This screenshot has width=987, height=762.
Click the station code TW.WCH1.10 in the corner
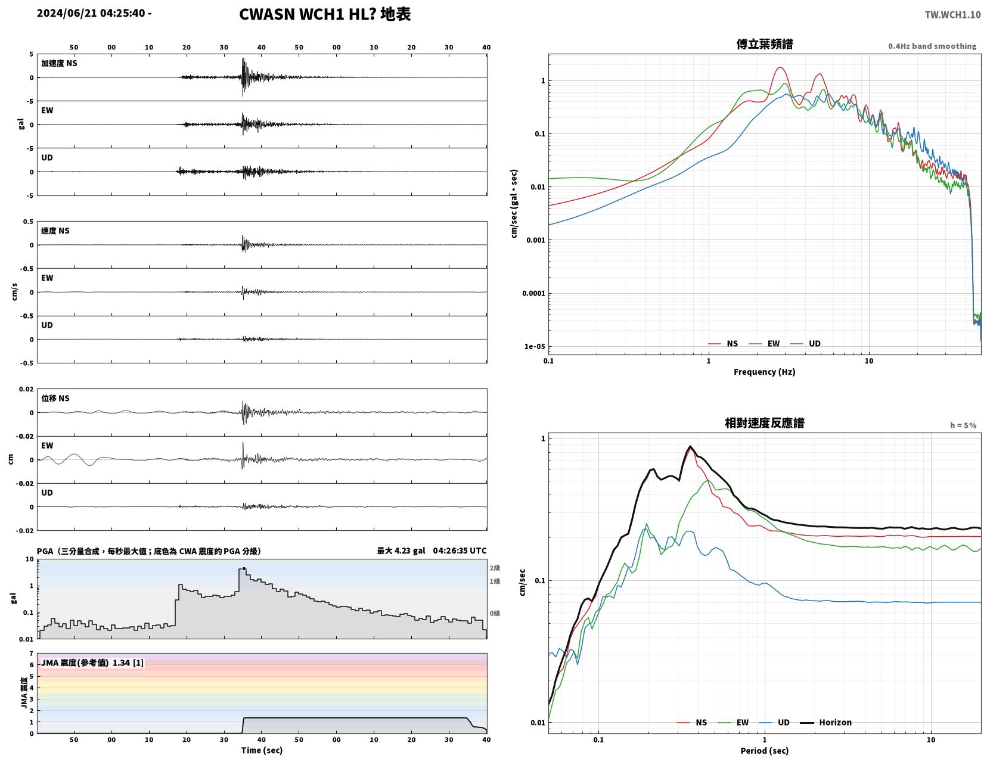(952, 14)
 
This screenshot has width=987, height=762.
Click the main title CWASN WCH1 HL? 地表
(325, 14)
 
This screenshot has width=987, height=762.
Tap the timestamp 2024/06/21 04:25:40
(91, 13)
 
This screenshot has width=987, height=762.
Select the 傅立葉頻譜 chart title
(765, 44)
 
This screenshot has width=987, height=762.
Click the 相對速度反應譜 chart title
(765, 422)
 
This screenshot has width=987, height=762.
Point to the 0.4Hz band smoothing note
(932, 46)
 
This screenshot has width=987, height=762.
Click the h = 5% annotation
(963, 425)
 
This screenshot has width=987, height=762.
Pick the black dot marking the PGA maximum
(244, 568)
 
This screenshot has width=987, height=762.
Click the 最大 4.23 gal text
(401, 550)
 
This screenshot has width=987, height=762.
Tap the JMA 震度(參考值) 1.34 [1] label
(92, 663)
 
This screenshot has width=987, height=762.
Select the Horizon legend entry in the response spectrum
(825, 722)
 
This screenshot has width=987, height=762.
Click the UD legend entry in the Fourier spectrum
(805, 344)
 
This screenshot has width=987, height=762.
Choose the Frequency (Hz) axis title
(765, 372)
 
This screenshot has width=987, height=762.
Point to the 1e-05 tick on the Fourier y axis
(535, 346)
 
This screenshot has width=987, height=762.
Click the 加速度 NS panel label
(59, 63)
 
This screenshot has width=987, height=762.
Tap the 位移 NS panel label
(55, 398)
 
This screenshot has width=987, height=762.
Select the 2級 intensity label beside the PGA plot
(495, 568)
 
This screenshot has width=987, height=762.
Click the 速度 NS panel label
(55, 231)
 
